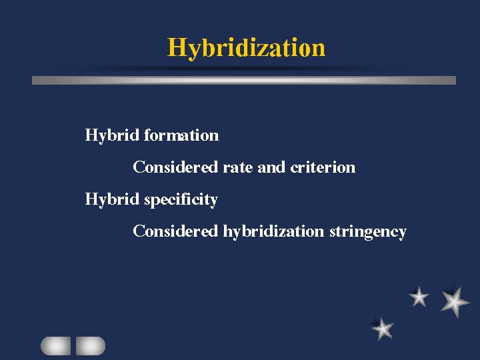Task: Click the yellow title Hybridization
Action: coord(246,48)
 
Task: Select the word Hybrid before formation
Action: coord(112,135)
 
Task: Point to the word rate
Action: coord(237,167)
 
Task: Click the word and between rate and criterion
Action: coord(271,167)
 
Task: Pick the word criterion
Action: coord(323,167)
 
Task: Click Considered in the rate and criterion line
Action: coord(175,167)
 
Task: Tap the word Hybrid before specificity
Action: coord(112,199)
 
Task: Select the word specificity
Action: coord(181,199)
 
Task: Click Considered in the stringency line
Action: coord(175,231)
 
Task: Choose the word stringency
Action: coord(367,231)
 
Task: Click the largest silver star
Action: coord(455,301)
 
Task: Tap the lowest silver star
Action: coord(383,328)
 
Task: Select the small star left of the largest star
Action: coord(419,297)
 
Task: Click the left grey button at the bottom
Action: coord(55,345)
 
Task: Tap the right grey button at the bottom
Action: coord(91,345)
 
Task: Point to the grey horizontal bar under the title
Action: coord(244,80)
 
